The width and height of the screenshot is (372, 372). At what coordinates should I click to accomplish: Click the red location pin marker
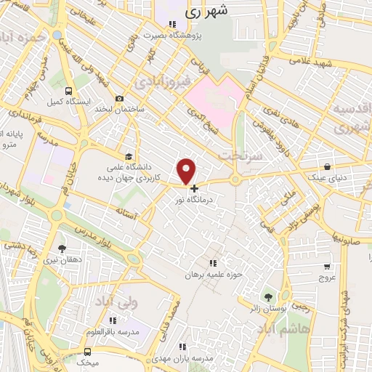pos(187,170)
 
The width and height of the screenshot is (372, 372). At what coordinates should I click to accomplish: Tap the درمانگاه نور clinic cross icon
pos(194,188)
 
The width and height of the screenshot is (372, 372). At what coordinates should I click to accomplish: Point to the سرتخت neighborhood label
pos(239,155)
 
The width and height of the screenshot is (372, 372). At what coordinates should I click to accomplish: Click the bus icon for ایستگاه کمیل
pos(68,92)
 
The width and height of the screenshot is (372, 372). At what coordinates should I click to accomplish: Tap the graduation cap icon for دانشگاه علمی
pos(129,155)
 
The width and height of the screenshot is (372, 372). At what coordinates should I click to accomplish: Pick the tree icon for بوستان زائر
pos(268,296)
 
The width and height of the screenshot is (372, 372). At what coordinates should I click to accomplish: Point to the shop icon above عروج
pos(326,266)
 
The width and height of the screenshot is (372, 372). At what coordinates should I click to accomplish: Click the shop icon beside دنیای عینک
pos(328,166)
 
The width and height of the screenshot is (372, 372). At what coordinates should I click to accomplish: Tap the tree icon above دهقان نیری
pos(60,248)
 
